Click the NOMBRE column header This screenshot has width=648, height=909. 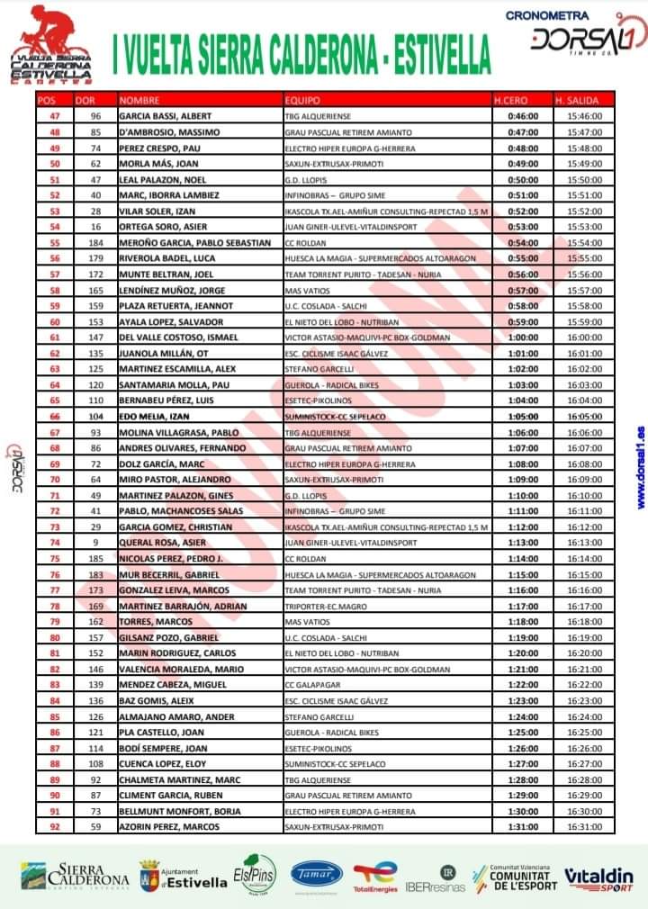point(139,100)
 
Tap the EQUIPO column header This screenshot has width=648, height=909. point(301,100)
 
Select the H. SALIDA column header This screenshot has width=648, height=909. point(578,100)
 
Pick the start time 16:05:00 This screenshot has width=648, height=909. point(585,416)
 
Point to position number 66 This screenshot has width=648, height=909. point(54,416)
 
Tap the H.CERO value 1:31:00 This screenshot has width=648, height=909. point(522,826)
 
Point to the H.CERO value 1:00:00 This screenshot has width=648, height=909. point(522,337)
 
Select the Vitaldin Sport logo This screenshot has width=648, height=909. point(598,878)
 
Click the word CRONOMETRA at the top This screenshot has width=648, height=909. point(547,15)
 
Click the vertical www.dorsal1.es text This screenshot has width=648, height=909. point(639,467)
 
